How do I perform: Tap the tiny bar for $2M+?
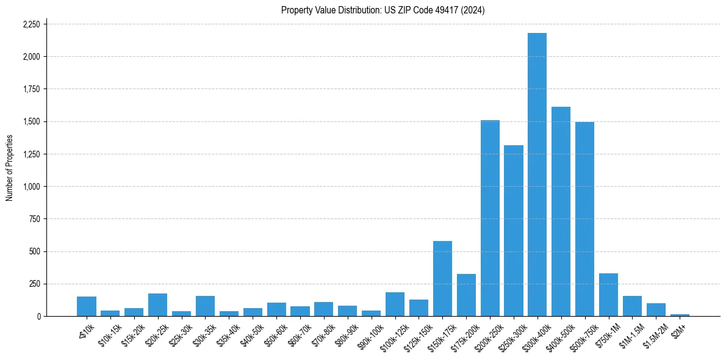click(x=680, y=315)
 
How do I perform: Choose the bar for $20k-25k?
click(x=157, y=304)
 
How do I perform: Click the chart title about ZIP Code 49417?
click(x=383, y=10)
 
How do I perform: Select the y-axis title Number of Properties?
click(x=10, y=168)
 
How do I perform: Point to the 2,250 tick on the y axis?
click(x=31, y=24)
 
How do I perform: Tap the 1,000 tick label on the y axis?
click(x=31, y=187)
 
